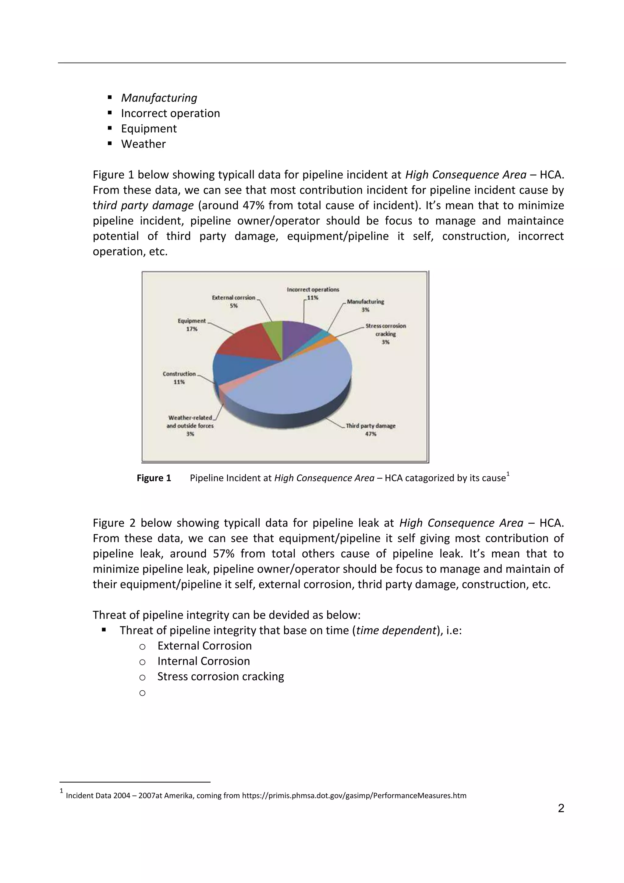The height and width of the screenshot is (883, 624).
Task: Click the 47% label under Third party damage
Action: (370, 434)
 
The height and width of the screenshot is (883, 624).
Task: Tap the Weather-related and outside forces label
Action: (190, 422)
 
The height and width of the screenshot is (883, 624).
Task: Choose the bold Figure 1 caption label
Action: (154, 478)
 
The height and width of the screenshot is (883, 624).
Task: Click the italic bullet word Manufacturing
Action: (159, 98)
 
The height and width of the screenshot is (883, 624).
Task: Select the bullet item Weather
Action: (143, 144)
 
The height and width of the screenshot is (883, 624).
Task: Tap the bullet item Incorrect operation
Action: (170, 113)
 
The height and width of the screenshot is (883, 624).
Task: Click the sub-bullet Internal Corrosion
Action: (204, 661)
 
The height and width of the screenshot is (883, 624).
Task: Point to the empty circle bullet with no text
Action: (142, 693)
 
